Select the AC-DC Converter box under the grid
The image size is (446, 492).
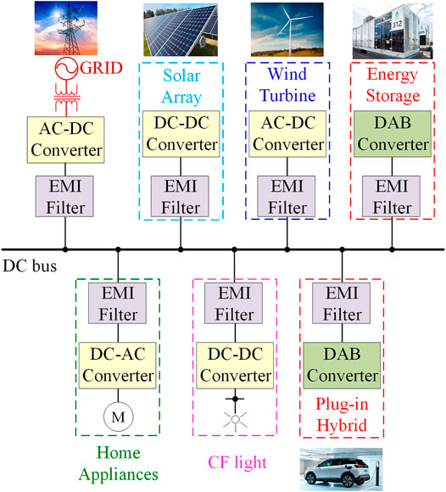pos(64,139)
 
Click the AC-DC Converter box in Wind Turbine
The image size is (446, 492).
pos(287,134)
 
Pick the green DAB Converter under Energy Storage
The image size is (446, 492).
pos(393,134)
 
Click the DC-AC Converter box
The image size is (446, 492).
pos(119,365)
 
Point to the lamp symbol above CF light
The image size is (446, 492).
pos(234,417)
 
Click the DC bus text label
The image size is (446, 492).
pos(29,267)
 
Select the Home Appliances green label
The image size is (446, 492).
pos(119,463)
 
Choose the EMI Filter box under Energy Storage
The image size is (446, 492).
pos(393,195)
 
